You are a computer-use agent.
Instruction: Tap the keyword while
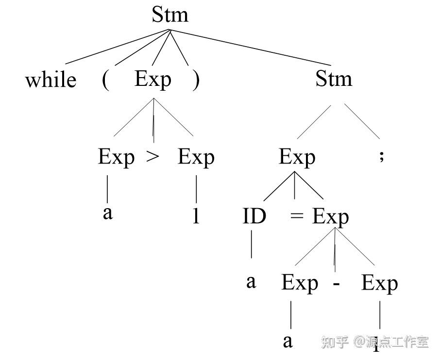[51, 81]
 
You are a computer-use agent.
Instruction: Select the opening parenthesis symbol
[106, 80]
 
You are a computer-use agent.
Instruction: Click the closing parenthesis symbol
[196, 80]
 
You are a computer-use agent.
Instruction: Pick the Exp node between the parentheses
[153, 79]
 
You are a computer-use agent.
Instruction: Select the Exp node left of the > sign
[117, 157]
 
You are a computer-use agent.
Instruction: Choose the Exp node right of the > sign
[196, 157]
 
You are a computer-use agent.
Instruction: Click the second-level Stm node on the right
[334, 79]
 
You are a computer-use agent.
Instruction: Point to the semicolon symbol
[381, 156]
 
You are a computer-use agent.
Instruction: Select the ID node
[254, 216]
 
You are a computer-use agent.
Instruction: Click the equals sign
[296, 216]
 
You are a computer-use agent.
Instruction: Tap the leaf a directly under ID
[251, 282]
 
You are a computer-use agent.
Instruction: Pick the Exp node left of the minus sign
[300, 284]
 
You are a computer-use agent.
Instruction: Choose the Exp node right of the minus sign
[379, 284]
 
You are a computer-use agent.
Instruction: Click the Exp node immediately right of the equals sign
[330, 216]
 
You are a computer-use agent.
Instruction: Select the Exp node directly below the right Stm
[297, 157]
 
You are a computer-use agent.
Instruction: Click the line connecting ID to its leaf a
[252, 245]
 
